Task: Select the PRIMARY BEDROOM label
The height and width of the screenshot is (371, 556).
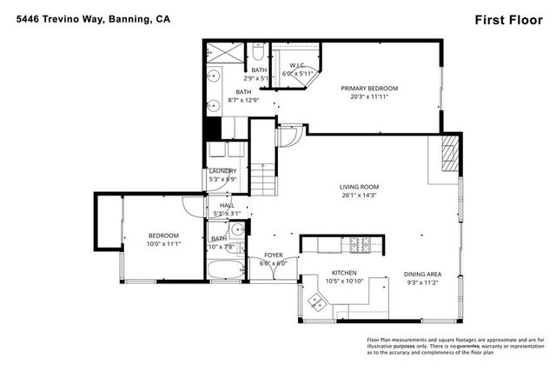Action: (369, 89)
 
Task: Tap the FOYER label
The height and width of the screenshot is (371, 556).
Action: (273, 255)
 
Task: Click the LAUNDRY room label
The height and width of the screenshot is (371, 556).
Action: (223, 171)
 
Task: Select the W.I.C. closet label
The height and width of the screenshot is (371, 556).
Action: (297, 65)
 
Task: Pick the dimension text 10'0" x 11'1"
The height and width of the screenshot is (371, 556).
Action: (162, 244)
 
